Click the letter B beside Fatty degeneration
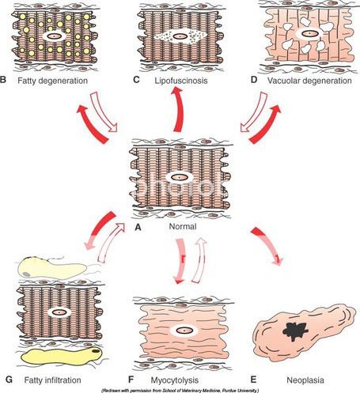(3, 80)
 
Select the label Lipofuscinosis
(181, 81)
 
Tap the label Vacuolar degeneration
(309, 81)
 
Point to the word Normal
(183, 226)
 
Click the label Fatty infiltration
(52, 380)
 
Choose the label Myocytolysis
(175, 380)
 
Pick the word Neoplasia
(305, 380)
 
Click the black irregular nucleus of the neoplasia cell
(295, 331)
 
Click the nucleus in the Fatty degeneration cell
(54, 36)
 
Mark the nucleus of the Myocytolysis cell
(184, 330)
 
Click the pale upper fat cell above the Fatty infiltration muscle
(51, 269)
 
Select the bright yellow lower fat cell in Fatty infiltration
(62, 356)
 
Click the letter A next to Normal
(138, 227)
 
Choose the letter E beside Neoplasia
(253, 380)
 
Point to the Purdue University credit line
(180, 391)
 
